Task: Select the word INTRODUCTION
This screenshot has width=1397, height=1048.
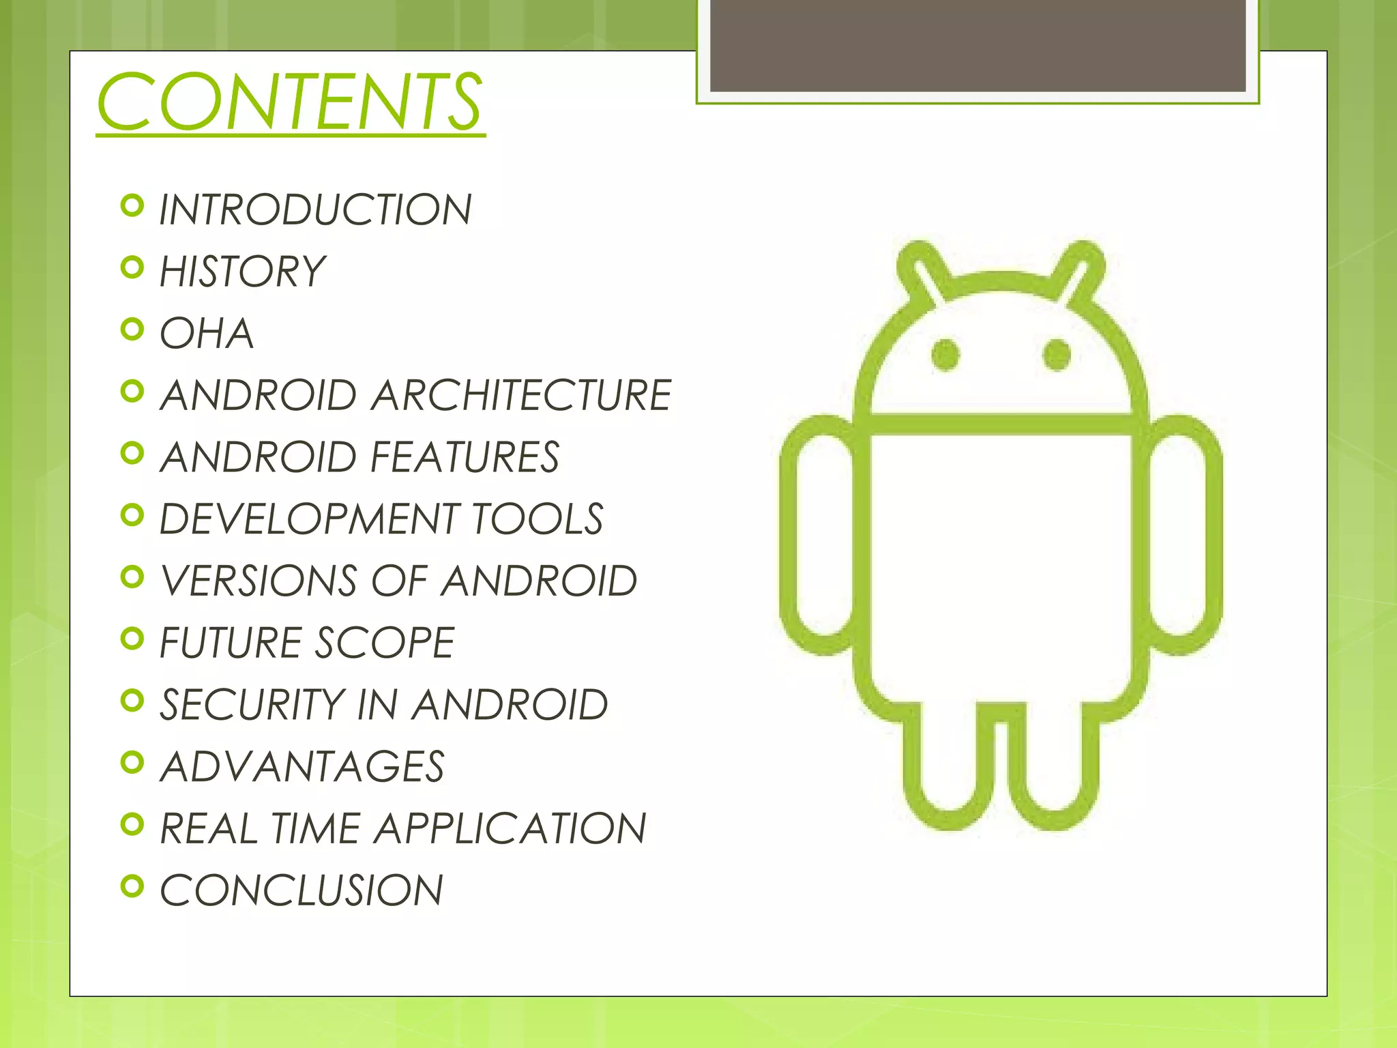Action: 315,209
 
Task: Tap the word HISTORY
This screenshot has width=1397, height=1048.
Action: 242,272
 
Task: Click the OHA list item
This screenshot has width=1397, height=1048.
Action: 207,334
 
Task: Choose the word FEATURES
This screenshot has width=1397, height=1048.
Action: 466,457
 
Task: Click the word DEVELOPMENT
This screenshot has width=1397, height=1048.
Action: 309,519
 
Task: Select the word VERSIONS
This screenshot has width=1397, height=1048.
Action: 259,581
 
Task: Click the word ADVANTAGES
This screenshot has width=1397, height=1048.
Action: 302,767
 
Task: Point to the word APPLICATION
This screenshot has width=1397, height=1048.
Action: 510,829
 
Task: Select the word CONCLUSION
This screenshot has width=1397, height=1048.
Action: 302,891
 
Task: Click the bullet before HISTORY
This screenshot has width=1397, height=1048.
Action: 132,267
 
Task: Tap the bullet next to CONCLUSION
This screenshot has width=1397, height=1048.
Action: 132,886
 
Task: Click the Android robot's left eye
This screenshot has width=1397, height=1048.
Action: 945,355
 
